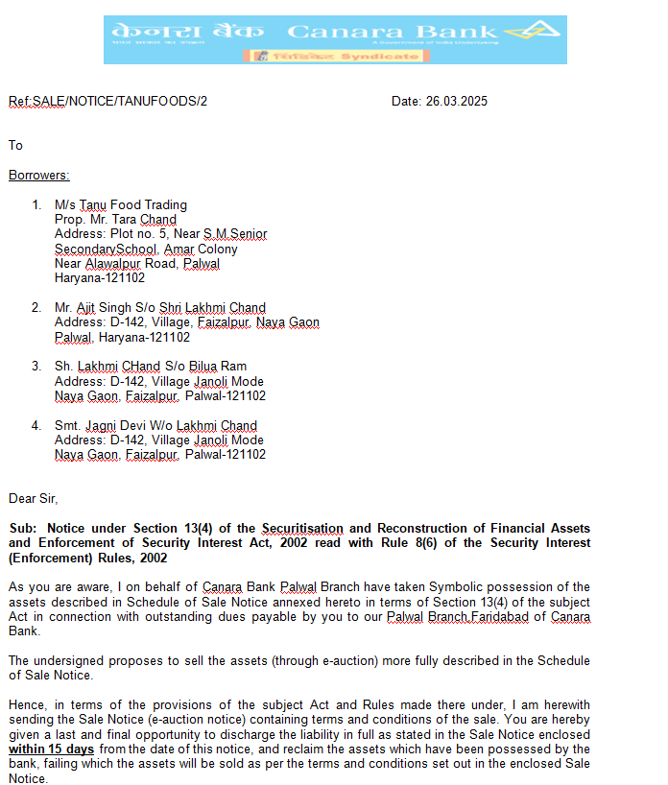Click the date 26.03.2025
(x=457, y=101)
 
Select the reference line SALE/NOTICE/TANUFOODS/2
(x=120, y=101)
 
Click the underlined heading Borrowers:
(x=39, y=176)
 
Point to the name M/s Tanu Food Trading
(x=121, y=204)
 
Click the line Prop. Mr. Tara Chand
(x=115, y=220)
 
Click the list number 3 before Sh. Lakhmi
(x=36, y=367)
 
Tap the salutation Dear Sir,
(x=34, y=498)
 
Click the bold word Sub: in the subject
(x=23, y=529)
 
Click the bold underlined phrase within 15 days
(x=51, y=749)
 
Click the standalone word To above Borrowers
(x=15, y=146)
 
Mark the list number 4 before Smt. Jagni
(x=36, y=426)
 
